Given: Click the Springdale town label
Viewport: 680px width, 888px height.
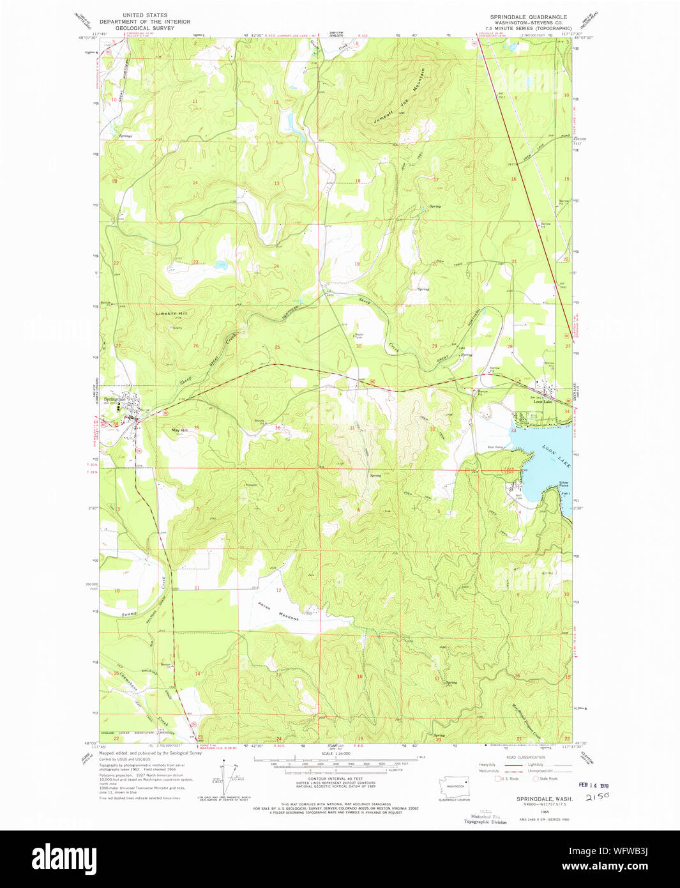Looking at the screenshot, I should [116, 399].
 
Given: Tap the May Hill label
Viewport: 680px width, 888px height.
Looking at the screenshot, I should [179, 431].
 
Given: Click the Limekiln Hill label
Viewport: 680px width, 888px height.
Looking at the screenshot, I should [172, 314].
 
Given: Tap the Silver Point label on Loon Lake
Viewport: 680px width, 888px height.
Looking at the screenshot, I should [564, 484].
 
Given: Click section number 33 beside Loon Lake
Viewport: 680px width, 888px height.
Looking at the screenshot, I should [513, 431].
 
